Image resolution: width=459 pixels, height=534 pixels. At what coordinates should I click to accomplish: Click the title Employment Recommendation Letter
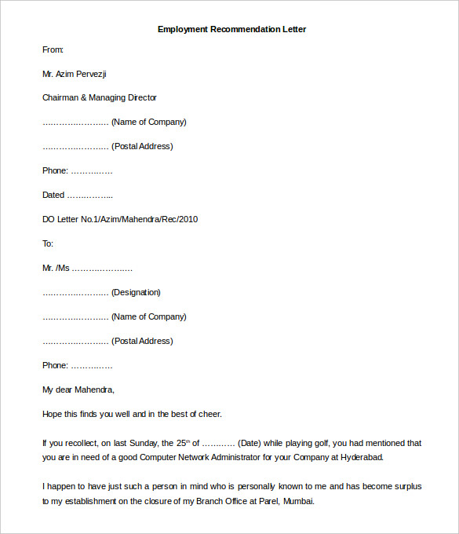(x=231, y=29)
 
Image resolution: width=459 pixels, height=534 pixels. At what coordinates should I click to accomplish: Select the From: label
(x=53, y=49)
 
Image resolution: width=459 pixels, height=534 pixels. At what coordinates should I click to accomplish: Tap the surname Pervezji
(x=89, y=74)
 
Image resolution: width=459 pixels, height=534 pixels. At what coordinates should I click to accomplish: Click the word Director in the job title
(x=140, y=98)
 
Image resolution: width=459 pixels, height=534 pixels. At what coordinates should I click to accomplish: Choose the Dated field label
(x=53, y=195)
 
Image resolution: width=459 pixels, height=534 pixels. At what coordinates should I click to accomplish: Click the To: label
(x=48, y=243)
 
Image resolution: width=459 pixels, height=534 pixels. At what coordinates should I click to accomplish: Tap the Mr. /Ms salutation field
(x=56, y=268)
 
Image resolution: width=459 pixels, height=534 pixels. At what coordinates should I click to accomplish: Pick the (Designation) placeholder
(x=136, y=292)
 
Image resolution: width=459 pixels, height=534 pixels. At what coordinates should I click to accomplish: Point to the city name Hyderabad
(x=360, y=457)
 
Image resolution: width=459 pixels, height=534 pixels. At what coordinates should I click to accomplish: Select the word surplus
(x=406, y=487)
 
